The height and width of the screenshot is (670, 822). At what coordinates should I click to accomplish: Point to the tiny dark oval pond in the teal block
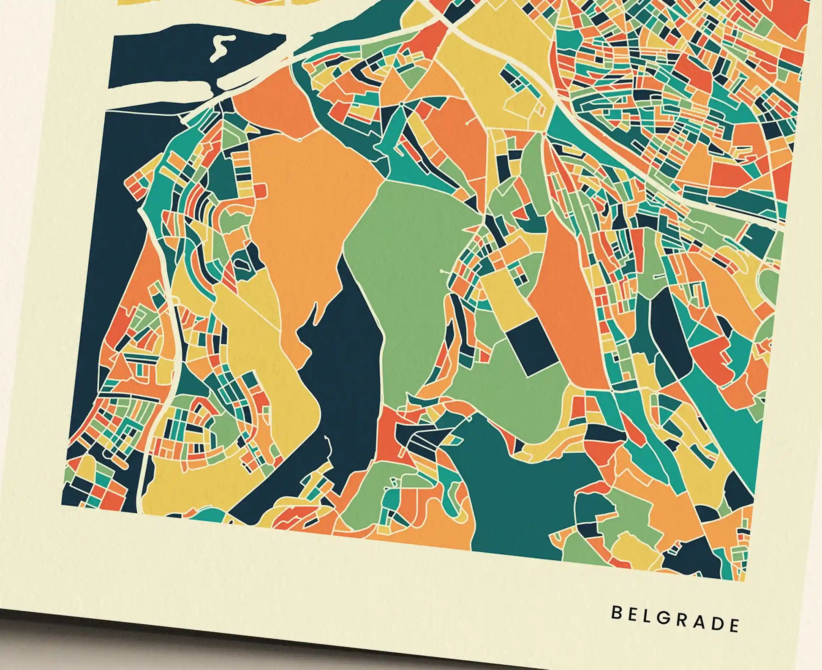(242, 264)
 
